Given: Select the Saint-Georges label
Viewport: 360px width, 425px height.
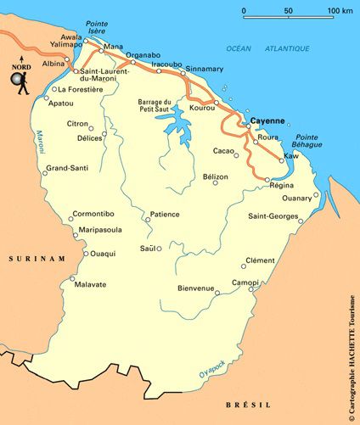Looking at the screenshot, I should click(273, 216).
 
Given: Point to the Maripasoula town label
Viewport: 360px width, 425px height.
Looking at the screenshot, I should click(101, 229).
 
